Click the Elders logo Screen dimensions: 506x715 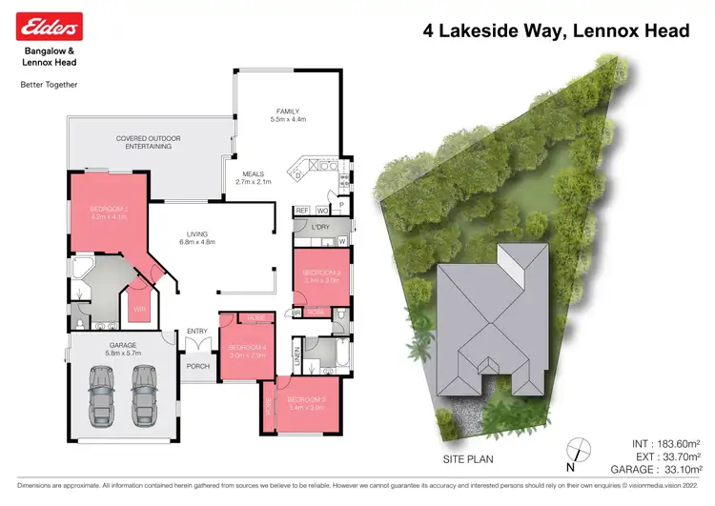click(x=50, y=26)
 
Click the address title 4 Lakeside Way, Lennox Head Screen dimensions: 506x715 click(x=556, y=31)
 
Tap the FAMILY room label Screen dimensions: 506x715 click(x=288, y=114)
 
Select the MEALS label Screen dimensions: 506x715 click(x=253, y=177)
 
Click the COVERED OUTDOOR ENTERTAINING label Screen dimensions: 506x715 click(x=144, y=143)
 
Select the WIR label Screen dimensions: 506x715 click(x=140, y=309)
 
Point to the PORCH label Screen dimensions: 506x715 click(x=198, y=365)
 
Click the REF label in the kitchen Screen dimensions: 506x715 click(x=301, y=210)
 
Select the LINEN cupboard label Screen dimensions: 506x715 click(x=296, y=359)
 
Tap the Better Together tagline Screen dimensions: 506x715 click(x=49, y=84)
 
